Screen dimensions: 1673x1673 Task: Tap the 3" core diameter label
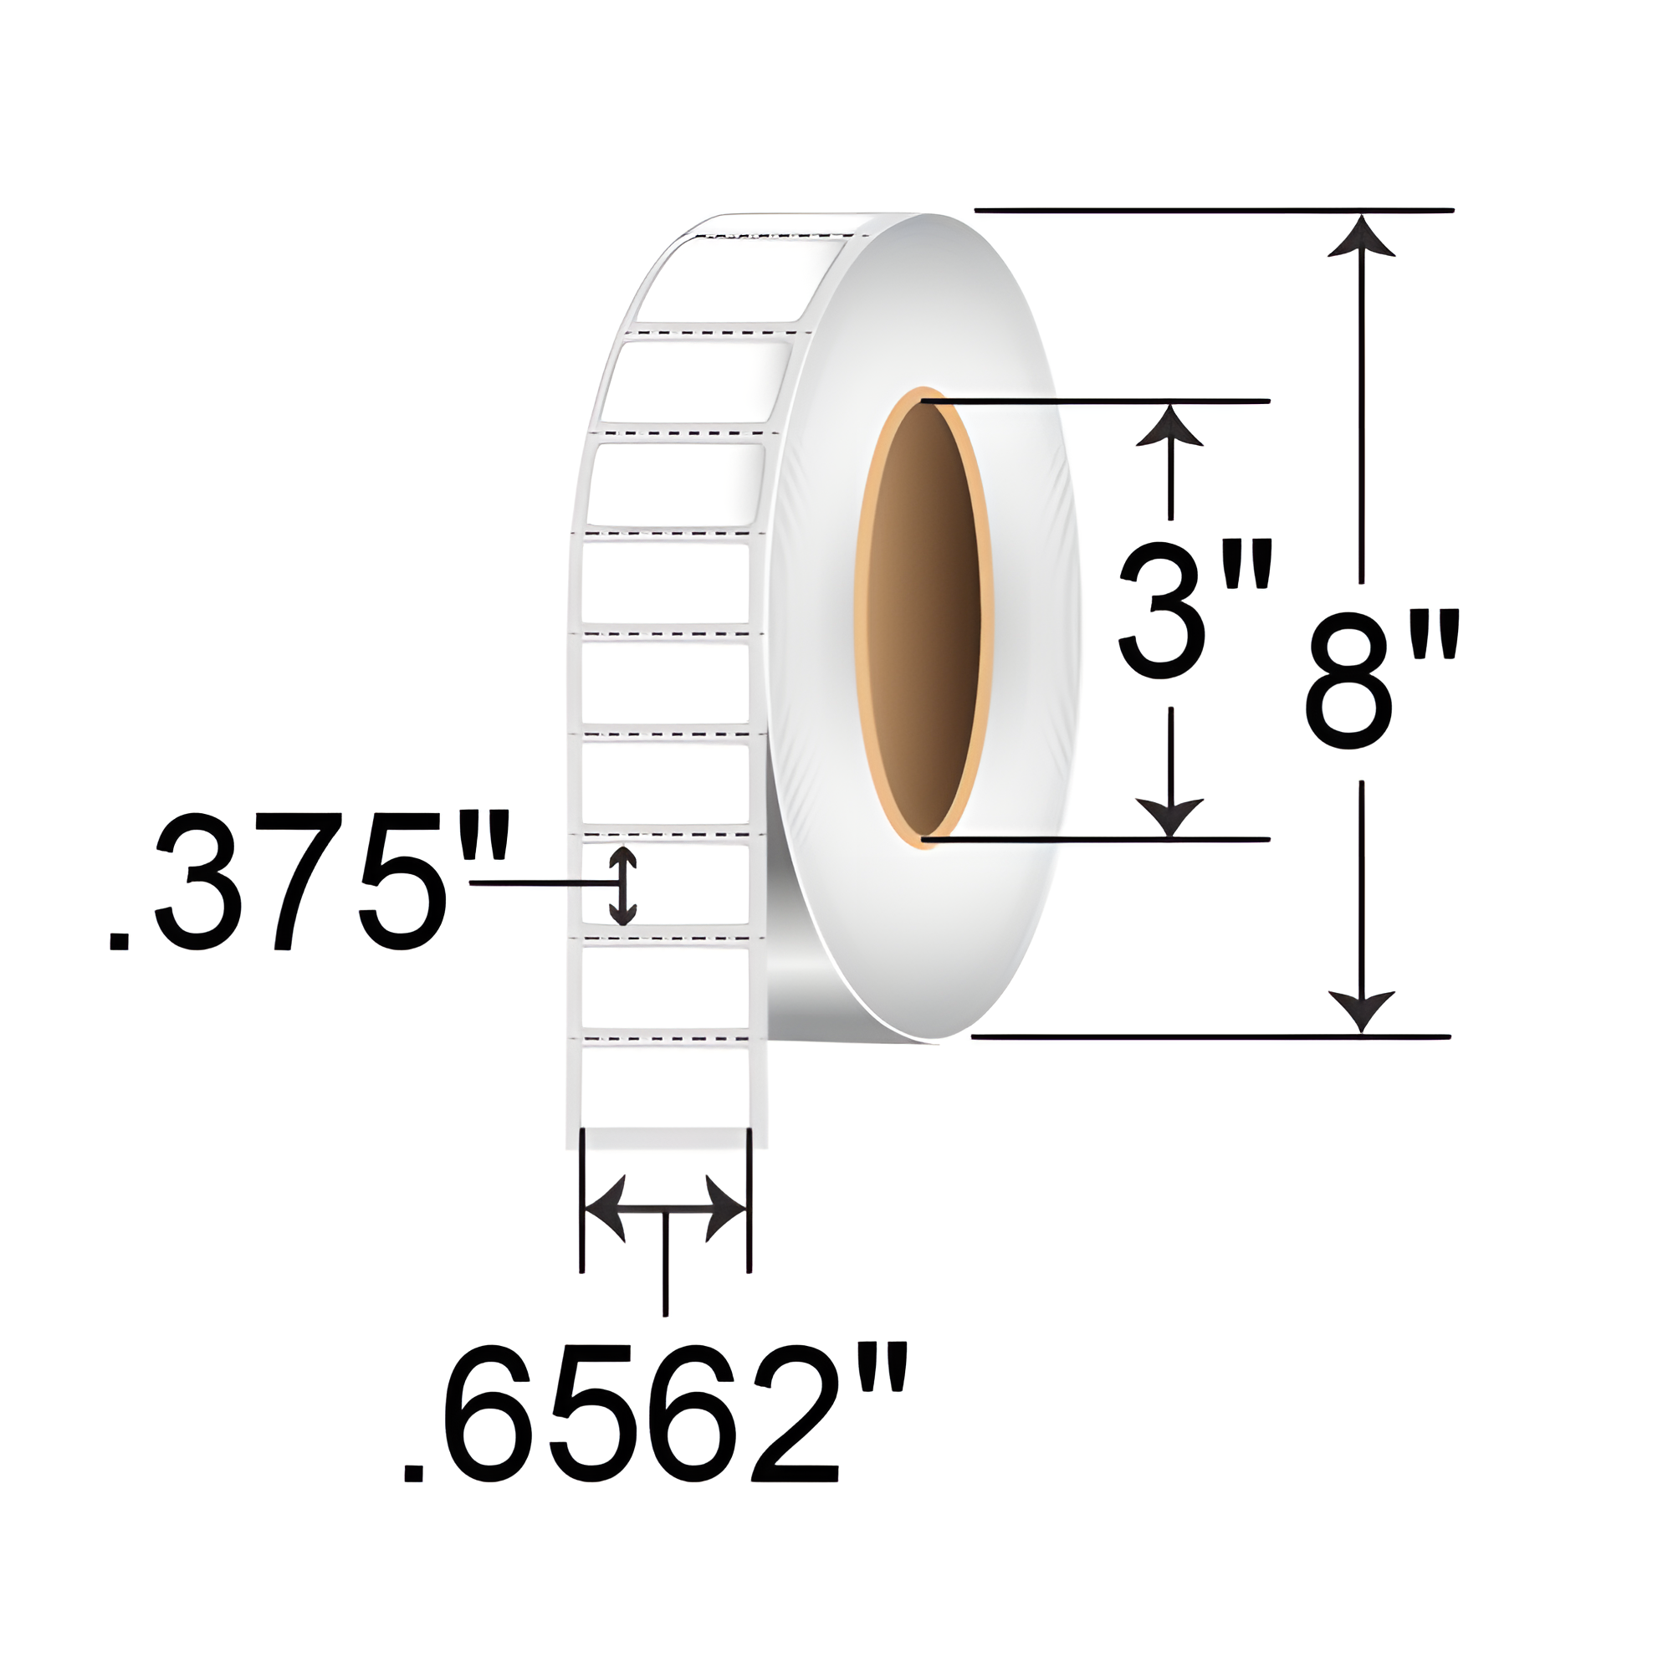click(x=1196, y=610)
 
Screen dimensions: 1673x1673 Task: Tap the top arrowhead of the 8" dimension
click(x=1361, y=238)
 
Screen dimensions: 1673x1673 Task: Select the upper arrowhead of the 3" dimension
click(x=1170, y=425)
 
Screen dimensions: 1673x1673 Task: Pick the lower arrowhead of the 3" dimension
click(x=1170, y=816)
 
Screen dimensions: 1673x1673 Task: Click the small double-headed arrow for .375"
click(x=622, y=885)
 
